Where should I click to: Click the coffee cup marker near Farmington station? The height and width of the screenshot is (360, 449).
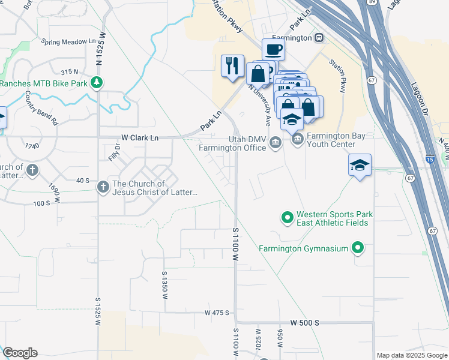tap(273, 49)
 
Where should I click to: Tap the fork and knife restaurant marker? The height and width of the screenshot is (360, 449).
tap(232, 65)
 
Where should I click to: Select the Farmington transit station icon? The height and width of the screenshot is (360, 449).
tap(319, 38)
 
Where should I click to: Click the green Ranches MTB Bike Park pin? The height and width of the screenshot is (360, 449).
tap(95, 83)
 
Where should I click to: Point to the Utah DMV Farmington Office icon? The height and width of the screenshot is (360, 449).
tap(276, 142)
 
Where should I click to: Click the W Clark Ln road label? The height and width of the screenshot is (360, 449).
tap(140, 137)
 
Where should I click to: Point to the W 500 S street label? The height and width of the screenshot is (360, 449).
tap(304, 322)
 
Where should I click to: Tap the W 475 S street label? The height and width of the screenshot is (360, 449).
tap(217, 313)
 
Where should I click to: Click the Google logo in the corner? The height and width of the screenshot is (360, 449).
tap(20, 353)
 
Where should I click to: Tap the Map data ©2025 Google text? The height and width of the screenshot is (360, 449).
tap(412, 355)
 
